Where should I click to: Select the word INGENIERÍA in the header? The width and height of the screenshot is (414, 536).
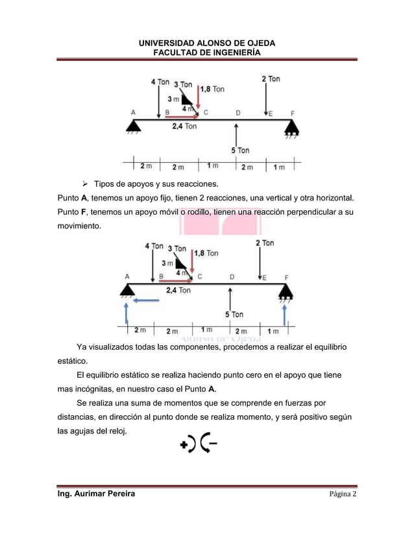(x=235, y=53)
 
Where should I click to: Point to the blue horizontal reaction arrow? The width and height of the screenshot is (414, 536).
(x=145, y=300)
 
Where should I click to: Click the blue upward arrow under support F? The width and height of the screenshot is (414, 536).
(x=285, y=318)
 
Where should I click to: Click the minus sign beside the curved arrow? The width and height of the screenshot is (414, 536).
(x=213, y=445)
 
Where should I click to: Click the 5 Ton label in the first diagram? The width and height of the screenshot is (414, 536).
(x=240, y=151)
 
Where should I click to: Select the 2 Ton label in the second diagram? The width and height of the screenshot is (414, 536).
(x=264, y=243)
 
